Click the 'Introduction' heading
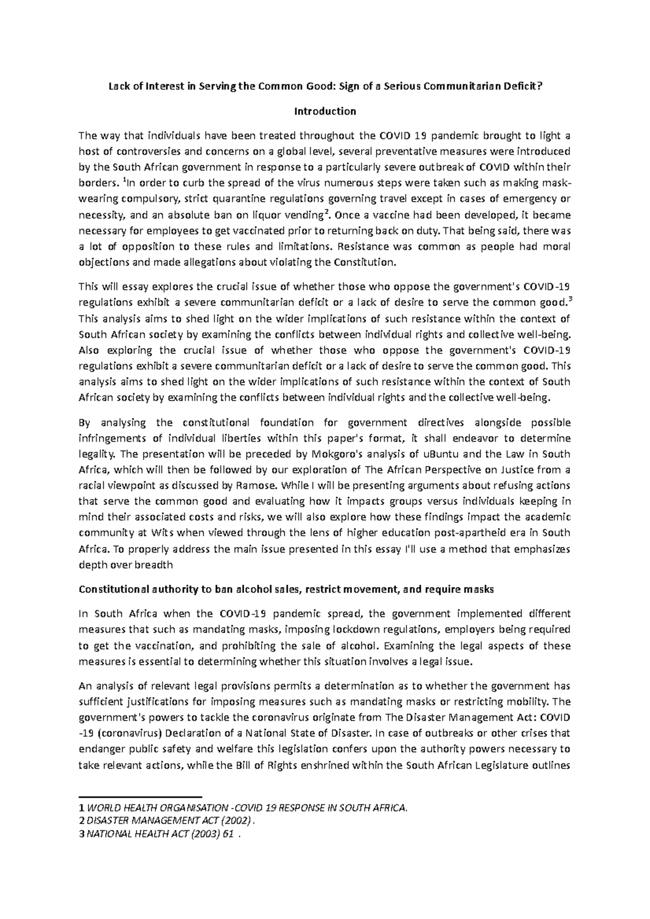point(324,111)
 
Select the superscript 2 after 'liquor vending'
point(324,212)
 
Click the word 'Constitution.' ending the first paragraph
point(365,263)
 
